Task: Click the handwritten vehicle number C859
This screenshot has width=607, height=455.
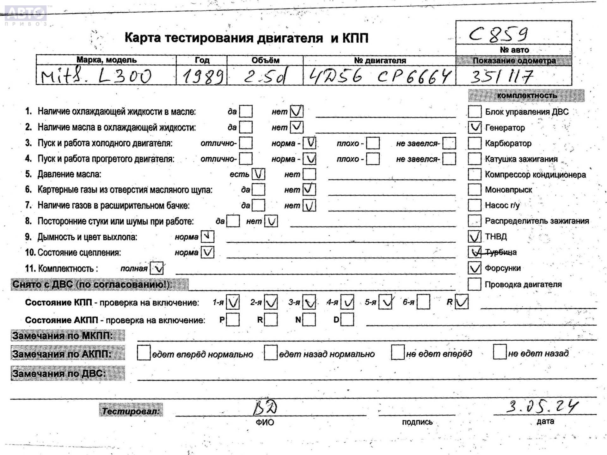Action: pos(498,34)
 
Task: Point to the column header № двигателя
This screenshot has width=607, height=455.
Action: pos(380,60)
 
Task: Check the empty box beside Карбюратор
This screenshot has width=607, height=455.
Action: pos(474,143)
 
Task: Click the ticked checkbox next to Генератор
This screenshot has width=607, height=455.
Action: pos(474,127)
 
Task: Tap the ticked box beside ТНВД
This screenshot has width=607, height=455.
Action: pos(474,236)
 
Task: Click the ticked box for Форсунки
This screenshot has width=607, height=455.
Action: pos(474,268)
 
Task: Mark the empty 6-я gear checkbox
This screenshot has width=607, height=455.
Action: pos(423,302)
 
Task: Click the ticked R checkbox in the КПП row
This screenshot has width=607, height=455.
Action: pos(462,302)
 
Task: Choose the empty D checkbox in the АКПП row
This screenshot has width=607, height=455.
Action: pos(347,320)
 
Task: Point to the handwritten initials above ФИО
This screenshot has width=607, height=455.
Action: pos(265,408)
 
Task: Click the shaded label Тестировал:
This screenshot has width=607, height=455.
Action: pos(131,411)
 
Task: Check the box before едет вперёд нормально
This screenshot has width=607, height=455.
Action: pos(144,353)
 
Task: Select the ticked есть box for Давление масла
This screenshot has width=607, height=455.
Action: pos(258,174)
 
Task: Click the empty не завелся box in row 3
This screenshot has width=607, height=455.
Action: pos(449,143)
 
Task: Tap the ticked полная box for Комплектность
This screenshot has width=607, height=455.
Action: pos(157,268)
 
